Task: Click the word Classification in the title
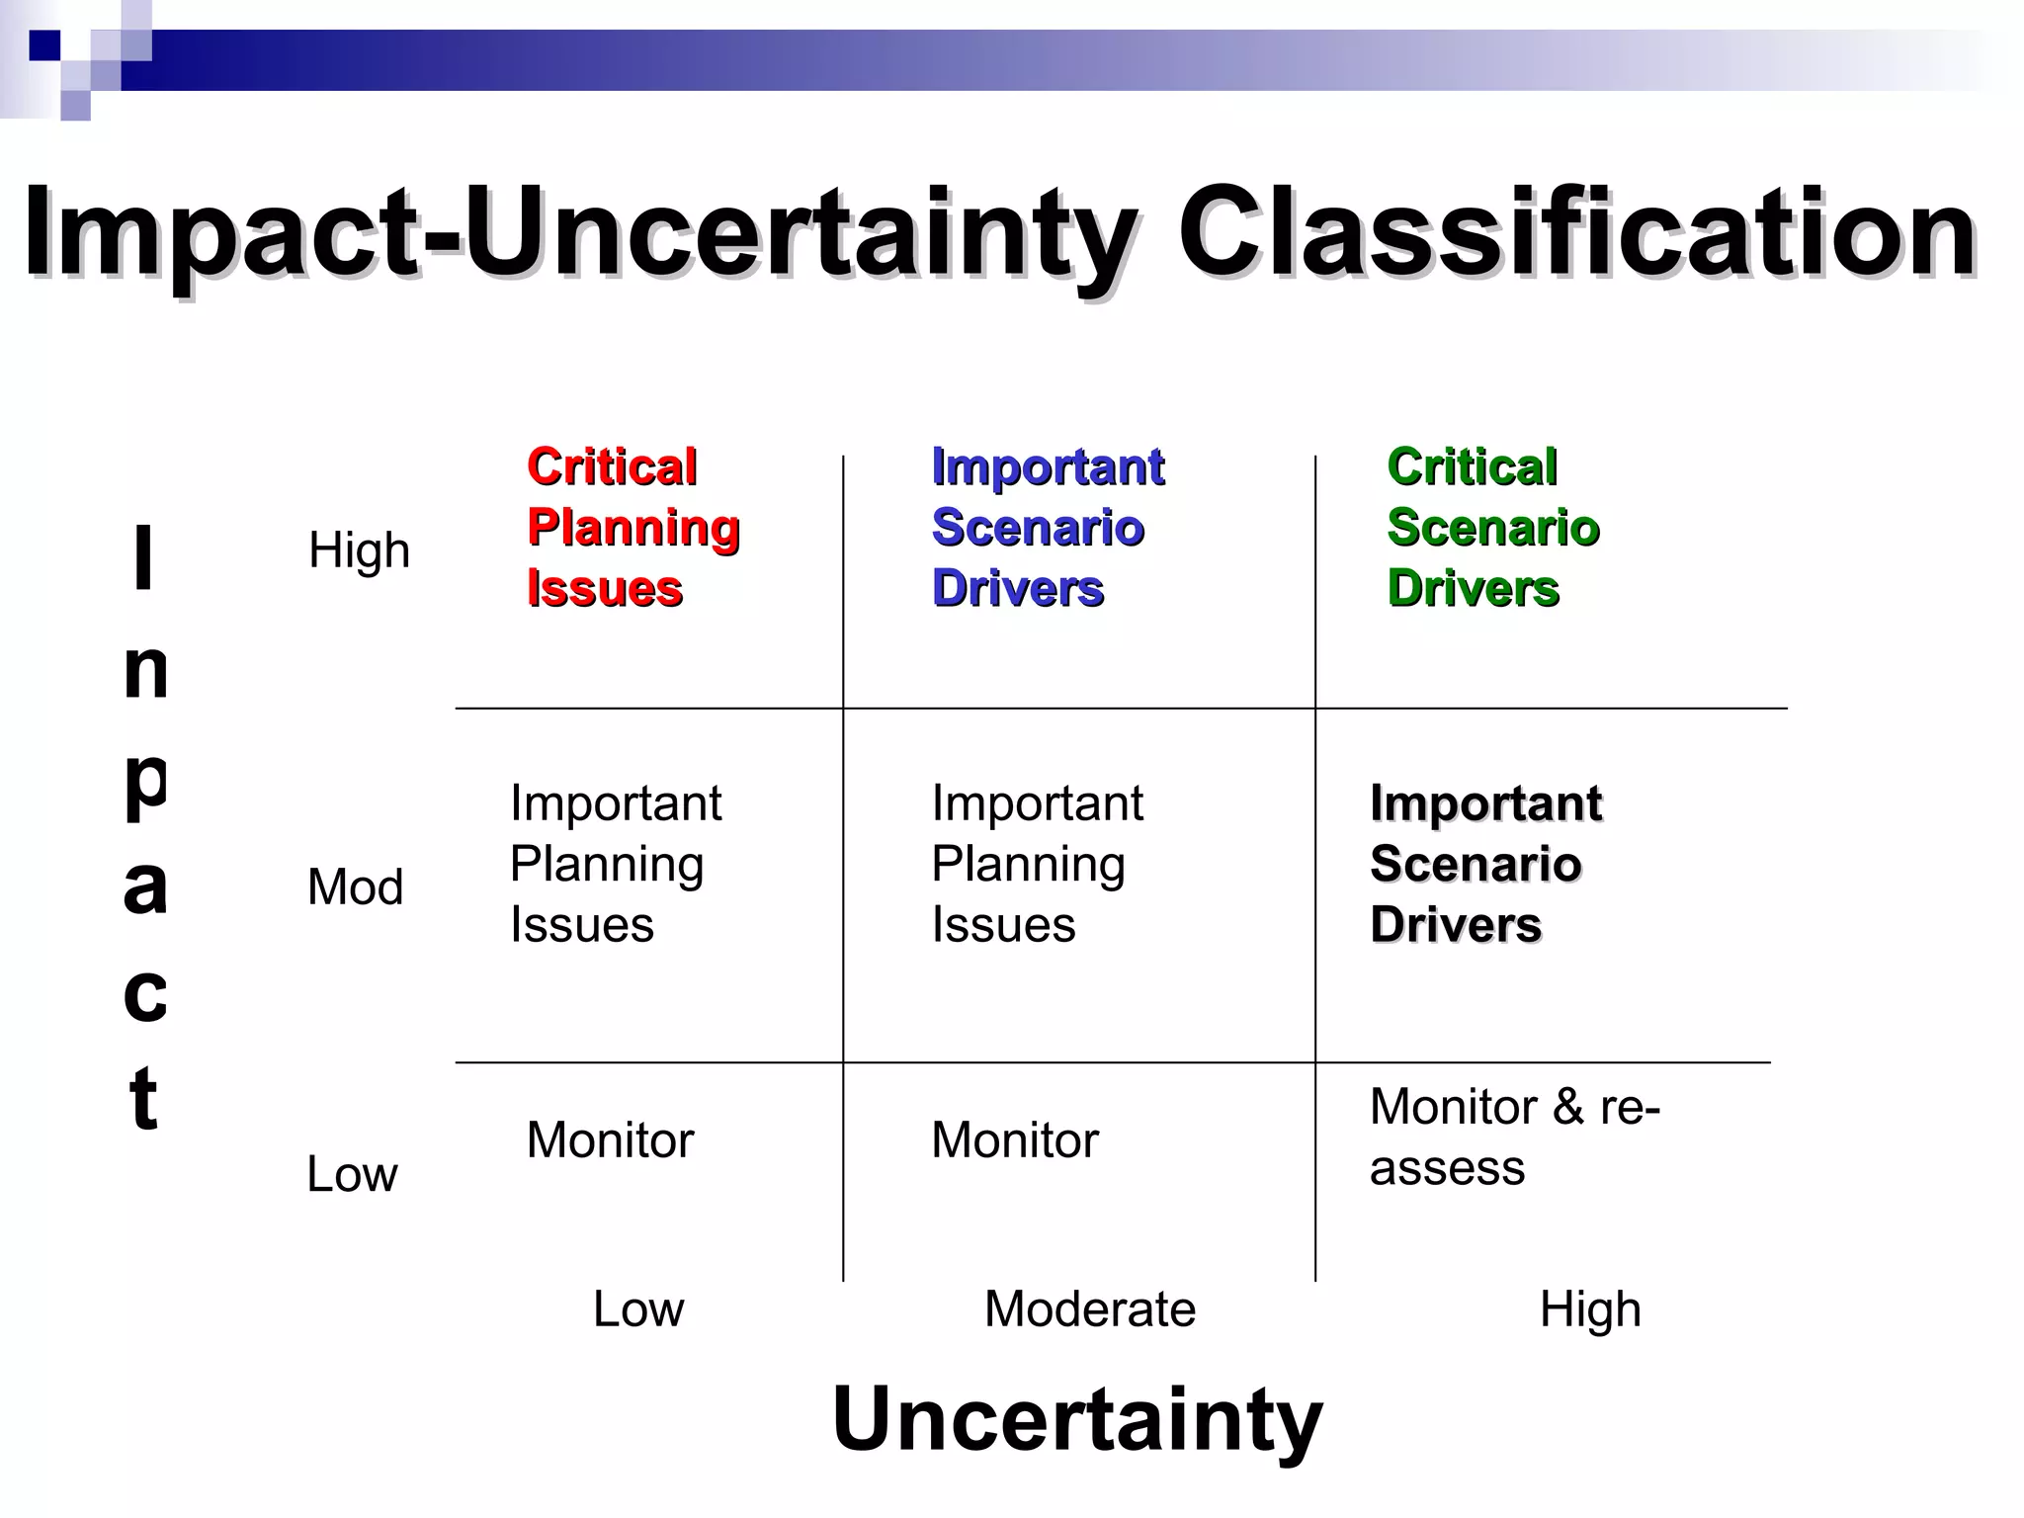click(1577, 235)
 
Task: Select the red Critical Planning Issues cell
click(632, 528)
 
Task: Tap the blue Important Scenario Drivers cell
click(1048, 528)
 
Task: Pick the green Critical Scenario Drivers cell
click(1492, 528)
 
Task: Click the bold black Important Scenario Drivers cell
click(1484, 864)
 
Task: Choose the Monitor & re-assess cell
click(1514, 1137)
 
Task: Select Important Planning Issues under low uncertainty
click(615, 864)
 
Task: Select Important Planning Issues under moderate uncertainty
click(1036, 864)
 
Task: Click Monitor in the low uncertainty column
click(610, 1140)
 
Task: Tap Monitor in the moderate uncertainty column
click(1014, 1140)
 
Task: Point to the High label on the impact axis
click(359, 550)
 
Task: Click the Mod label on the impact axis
click(355, 887)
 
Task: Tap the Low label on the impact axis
click(352, 1174)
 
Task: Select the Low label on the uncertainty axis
click(637, 1309)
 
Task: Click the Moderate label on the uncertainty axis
click(1089, 1309)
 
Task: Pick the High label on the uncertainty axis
click(1589, 1309)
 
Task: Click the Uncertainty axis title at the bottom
click(1077, 1419)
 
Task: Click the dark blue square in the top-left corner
click(45, 45)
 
